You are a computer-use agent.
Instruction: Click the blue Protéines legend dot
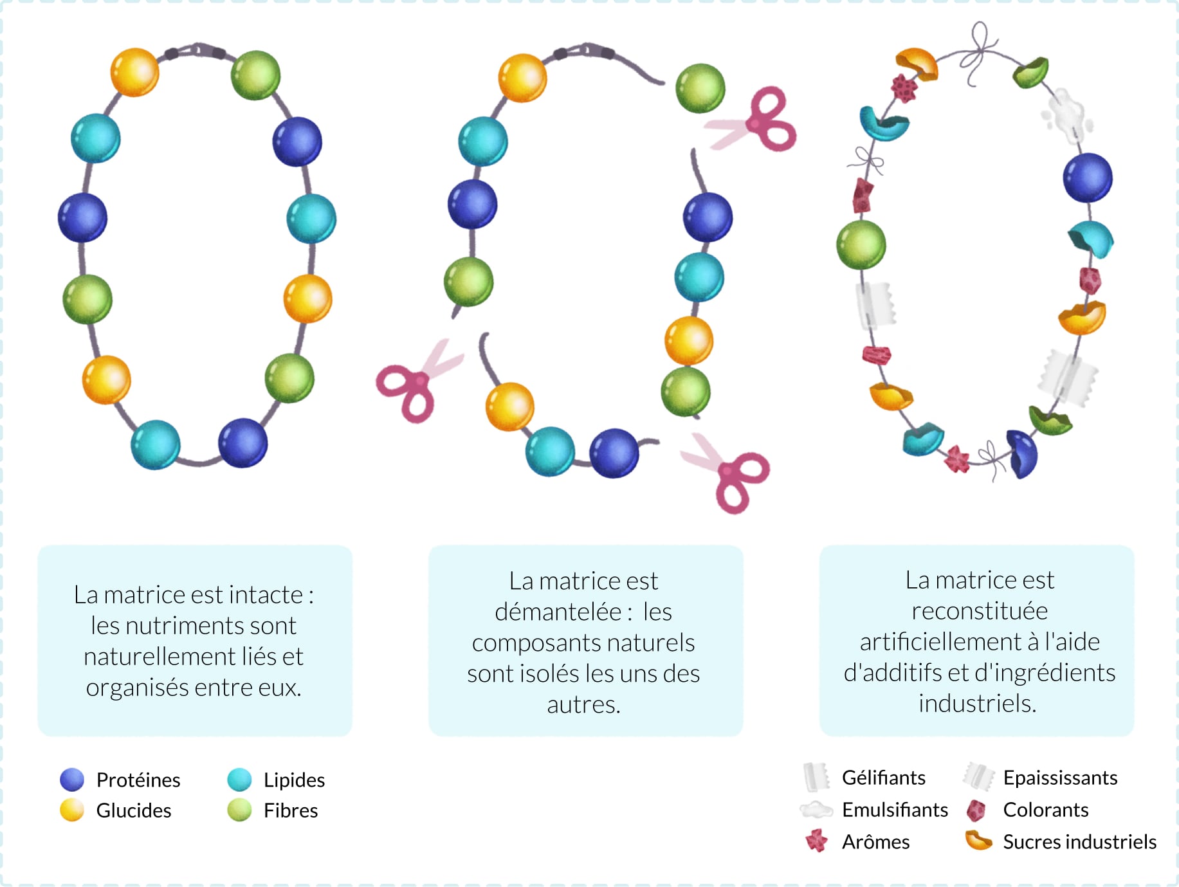pos(72,780)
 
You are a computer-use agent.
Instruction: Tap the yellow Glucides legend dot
pos(72,810)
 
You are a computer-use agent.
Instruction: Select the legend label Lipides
pos(294,780)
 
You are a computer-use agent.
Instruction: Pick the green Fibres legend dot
pos(239,810)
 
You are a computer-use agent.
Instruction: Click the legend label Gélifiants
pos(883,778)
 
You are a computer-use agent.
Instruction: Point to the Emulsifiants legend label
pos(895,809)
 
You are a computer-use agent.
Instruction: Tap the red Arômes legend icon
pos(816,841)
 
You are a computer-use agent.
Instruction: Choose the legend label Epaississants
pos(1060,778)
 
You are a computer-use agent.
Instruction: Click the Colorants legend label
pos(1046,809)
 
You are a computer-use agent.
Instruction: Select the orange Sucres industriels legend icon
pos(978,840)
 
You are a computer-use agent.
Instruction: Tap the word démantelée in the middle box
pos(558,611)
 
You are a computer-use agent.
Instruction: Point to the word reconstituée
pos(979,610)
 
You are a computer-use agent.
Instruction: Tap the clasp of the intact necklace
pos(196,50)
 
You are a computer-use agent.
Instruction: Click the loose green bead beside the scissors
pos(700,88)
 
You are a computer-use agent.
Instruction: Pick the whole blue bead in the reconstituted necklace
pos(1088,178)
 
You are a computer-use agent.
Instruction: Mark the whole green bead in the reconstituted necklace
pos(861,245)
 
